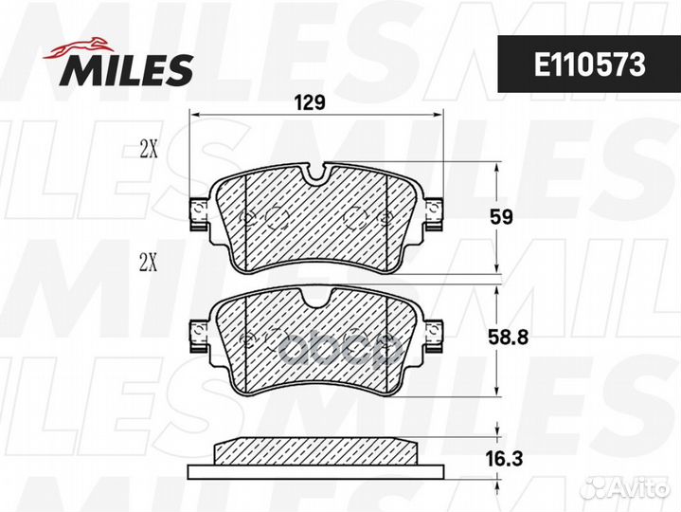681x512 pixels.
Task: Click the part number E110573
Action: (589, 64)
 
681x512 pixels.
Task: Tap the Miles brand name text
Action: (127, 70)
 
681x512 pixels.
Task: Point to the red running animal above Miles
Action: (79, 47)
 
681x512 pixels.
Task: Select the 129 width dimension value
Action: (310, 102)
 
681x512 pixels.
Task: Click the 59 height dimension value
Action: (502, 216)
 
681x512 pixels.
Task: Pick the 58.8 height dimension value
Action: (508, 338)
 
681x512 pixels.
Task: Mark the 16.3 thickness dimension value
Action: (504, 459)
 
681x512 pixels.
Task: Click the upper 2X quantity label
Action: (149, 150)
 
